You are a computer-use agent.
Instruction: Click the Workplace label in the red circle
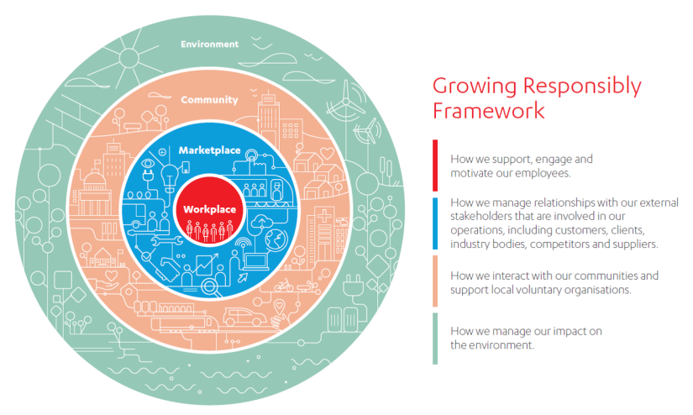pos(209,208)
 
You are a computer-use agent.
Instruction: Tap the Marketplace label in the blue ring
pos(209,150)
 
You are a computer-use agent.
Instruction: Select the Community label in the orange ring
pos(209,100)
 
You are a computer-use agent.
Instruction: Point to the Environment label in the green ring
pos(210,44)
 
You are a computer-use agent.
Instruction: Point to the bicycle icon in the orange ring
pos(283,286)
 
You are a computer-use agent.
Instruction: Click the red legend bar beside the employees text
pos(436,165)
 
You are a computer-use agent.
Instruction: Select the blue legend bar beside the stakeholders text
pos(436,223)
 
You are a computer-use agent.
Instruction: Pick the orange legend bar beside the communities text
pos(436,281)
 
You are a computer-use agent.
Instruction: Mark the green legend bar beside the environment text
pos(436,338)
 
